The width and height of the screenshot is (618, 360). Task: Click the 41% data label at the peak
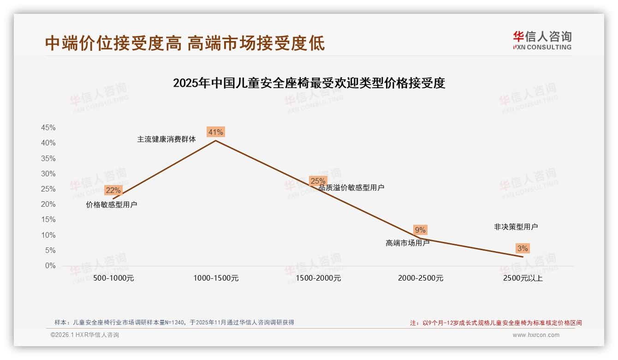tap(215, 132)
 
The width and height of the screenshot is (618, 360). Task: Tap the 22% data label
tap(113, 190)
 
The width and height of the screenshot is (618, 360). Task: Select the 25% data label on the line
tap(318, 181)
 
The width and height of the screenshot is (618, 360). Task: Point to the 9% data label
tap(420, 230)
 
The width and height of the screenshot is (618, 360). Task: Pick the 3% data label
tap(523, 248)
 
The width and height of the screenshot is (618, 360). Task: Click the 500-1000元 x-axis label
tap(113, 278)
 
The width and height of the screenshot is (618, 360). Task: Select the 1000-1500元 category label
tap(216, 278)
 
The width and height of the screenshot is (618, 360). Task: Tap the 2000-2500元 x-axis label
tap(421, 278)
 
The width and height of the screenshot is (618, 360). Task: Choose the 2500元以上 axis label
tap(523, 278)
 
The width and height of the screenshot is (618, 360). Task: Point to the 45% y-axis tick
tap(48, 128)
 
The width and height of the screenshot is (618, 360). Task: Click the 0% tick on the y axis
tap(50, 266)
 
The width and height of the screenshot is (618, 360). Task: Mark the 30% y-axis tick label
tap(48, 174)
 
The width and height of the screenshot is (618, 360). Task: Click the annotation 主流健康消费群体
tap(166, 139)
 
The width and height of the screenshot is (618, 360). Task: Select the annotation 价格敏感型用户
tap(112, 204)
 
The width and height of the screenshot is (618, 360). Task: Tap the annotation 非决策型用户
tap(516, 227)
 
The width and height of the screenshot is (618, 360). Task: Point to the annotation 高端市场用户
tap(408, 243)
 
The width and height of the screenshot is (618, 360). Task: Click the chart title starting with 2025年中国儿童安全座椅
tap(309, 83)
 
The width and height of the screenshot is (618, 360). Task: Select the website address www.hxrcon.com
tap(536, 335)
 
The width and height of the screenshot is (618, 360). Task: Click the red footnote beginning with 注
tap(496, 323)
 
